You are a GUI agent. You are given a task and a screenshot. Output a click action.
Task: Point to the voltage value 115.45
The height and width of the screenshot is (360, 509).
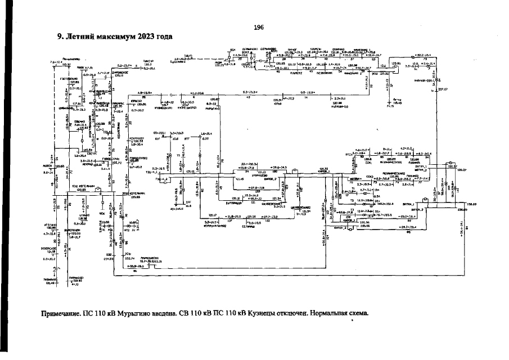tap(397, 102)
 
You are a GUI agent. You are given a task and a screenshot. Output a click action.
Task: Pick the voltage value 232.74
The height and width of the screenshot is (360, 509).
tap(129, 259)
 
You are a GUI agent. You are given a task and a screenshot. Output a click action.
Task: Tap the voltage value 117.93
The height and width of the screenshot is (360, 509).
tap(74, 83)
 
